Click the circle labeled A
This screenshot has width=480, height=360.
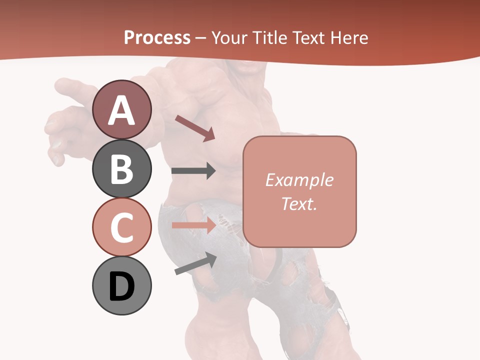pos(121,109)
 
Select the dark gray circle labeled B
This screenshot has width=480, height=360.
pos(121,168)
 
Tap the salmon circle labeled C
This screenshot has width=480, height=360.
pos(121,227)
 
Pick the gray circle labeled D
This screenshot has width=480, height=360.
pos(121,286)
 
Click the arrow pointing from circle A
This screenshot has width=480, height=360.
pos(195,128)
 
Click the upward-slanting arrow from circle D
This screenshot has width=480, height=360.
pos(195,264)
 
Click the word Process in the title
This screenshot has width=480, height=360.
pos(157,38)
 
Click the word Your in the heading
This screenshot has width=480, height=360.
pos(229,38)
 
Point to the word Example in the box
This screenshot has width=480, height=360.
pos(299,180)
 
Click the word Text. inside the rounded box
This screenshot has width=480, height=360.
pos(299,203)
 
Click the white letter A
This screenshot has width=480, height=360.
pos(121,110)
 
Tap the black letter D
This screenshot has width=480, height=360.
pos(121,287)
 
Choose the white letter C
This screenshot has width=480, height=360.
pos(121,228)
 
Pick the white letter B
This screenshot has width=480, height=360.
pos(121,169)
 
